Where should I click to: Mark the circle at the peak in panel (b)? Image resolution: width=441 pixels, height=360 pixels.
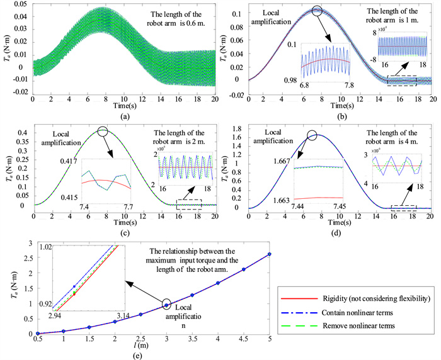317,10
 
